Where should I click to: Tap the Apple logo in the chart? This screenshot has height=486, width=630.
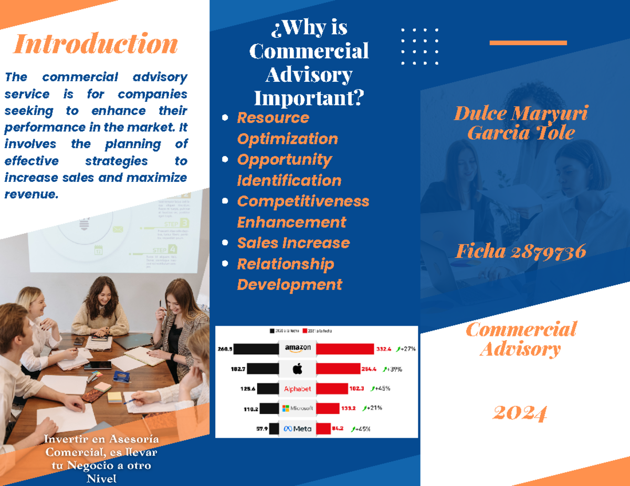(x=297, y=369)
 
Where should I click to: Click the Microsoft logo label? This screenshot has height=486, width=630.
(x=298, y=408)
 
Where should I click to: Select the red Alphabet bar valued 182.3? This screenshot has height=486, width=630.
(x=332, y=389)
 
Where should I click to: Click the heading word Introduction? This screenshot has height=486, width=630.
(x=95, y=44)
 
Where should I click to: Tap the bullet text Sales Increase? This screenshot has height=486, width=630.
(x=293, y=243)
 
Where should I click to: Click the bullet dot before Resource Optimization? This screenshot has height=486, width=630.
(x=225, y=118)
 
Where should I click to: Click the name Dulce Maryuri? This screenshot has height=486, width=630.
(x=520, y=113)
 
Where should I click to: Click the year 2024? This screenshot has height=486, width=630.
(x=520, y=413)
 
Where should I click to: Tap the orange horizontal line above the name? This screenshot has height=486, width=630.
(x=528, y=43)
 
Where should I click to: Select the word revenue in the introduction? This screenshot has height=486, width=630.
(x=29, y=195)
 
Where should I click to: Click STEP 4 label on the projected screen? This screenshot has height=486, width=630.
(x=165, y=250)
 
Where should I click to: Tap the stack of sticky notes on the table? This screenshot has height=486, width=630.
(x=102, y=387)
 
